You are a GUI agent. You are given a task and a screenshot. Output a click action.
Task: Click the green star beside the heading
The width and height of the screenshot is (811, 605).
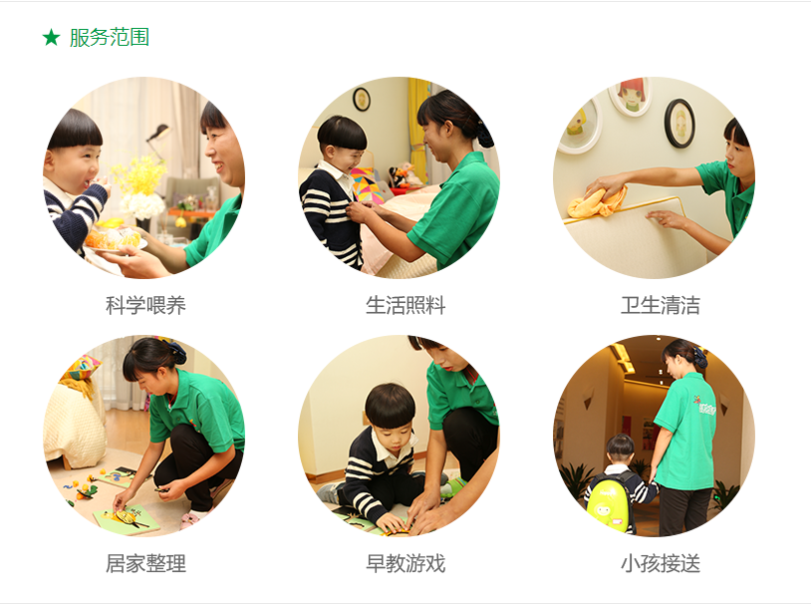pyautogui.click(x=51, y=37)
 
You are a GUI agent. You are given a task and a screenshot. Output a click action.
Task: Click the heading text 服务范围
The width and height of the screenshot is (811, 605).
pyautogui.click(x=110, y=37)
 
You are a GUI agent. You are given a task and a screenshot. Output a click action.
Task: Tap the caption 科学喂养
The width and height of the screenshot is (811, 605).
pyautogui.click(x=145, y=305)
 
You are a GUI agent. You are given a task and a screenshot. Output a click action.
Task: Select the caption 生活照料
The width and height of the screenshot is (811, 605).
pyautogui.click(x=405, y=305)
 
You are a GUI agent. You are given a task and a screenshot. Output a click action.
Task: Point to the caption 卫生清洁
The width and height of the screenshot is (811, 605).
pyautogui.click(x=661, y=305)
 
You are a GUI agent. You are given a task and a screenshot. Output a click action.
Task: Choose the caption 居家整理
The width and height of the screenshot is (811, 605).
pyautogui.click(x=145, y=563)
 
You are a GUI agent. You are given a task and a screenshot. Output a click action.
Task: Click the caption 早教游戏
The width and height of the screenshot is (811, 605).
pyautogui.click(x=405, y=563)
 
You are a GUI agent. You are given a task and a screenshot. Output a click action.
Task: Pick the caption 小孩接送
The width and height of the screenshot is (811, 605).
pyautogui.click(x=661, y=563)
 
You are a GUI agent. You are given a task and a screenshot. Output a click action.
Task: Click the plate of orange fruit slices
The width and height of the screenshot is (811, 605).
pyautogui.click(x=114, y=239)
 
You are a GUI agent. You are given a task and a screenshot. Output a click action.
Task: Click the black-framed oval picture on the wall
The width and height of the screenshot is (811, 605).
pyautogui.click(x=679, y=124)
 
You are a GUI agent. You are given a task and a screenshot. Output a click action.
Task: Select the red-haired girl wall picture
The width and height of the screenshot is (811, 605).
pyautogui.click(x=631, y=97)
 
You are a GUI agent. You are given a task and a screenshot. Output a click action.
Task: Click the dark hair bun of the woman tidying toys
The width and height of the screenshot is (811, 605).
pyautogui.click(x=176, y=352)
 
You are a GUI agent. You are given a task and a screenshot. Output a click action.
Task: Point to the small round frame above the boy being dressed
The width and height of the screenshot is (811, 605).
pyautogui.click(x=362, y=99)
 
